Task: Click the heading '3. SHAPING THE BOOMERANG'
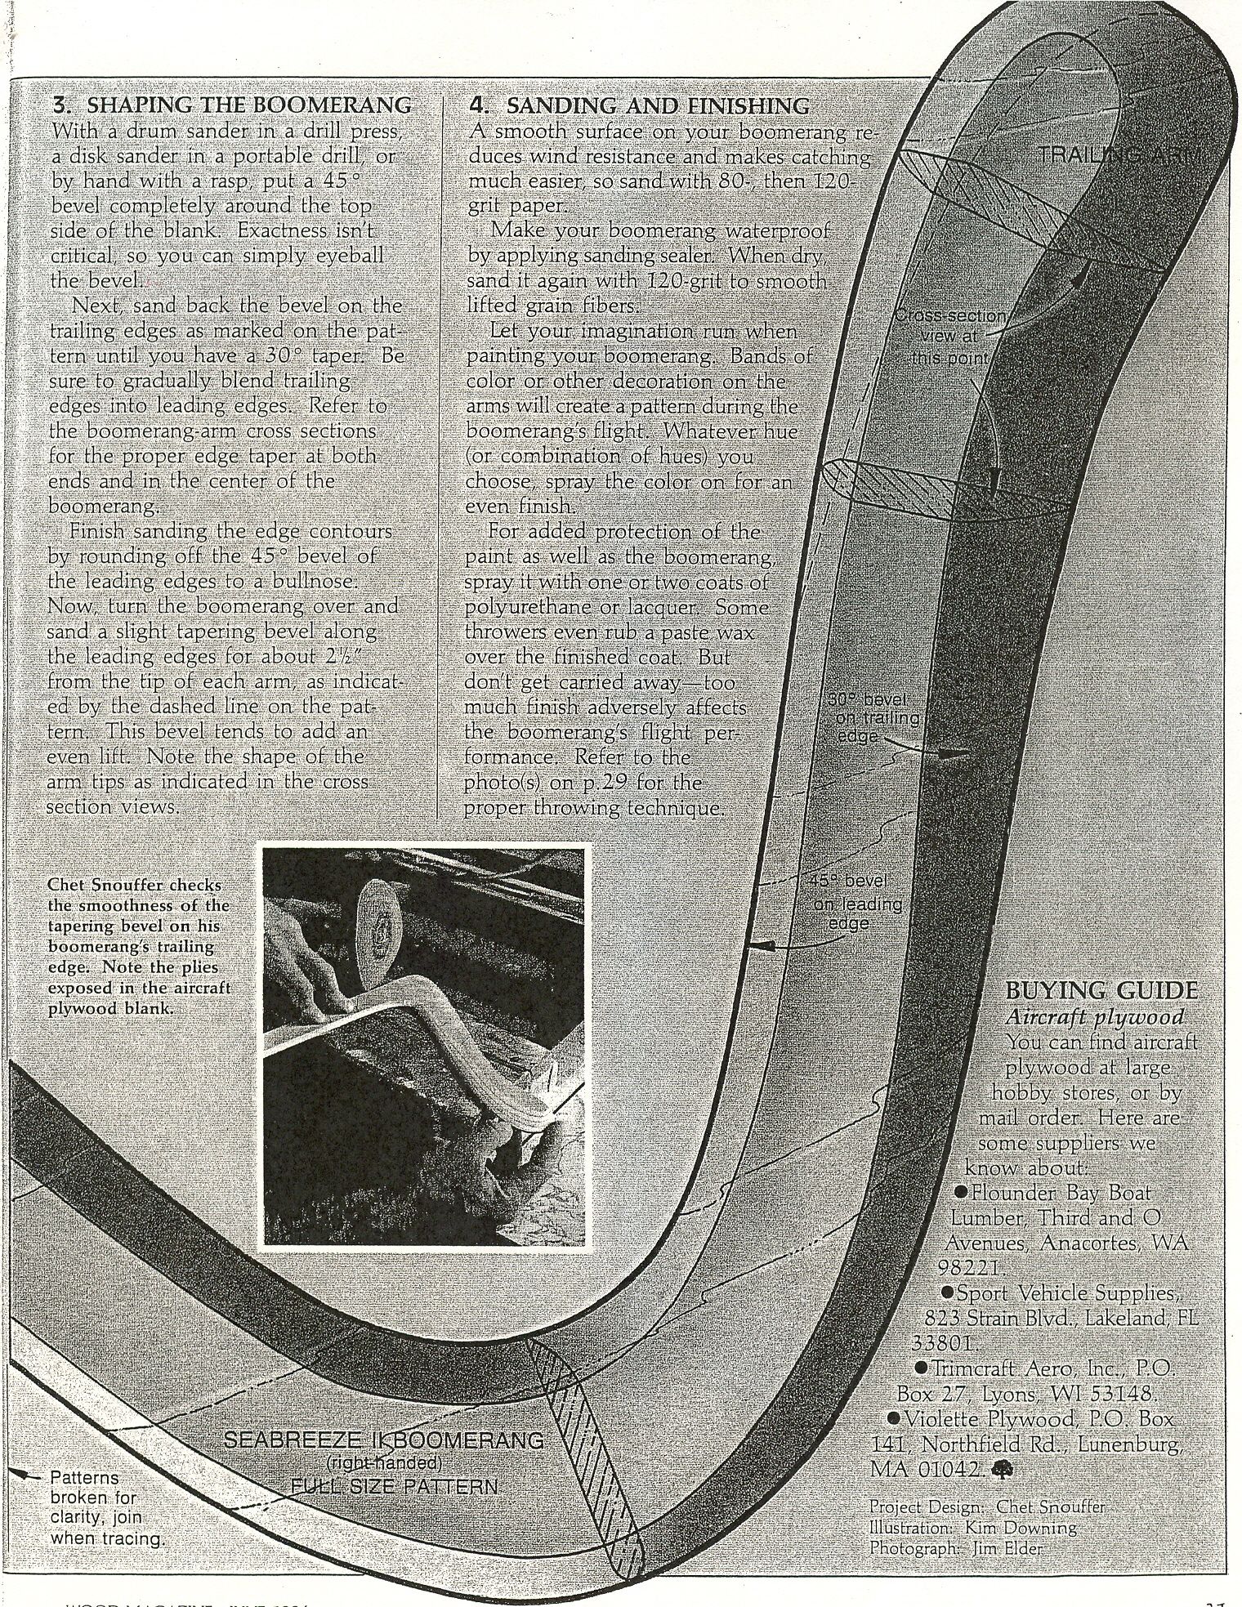coord(231,106)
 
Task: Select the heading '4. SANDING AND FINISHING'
coord(640,106)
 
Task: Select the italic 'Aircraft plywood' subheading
coord(1095,1017)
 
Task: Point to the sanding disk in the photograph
coord(379,926)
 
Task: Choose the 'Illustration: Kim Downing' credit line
coord(972,1527)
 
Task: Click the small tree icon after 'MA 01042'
coord(999,1470)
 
